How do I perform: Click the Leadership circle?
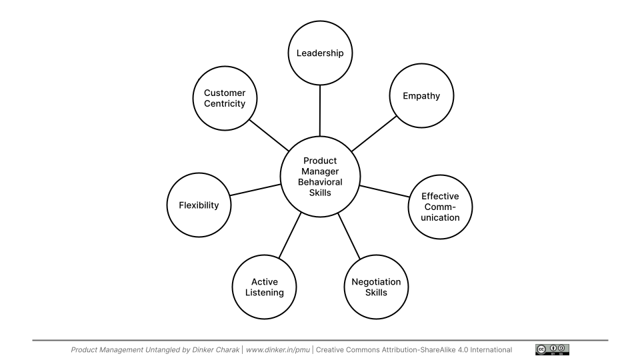[320, 53]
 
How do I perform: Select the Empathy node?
[421, 96]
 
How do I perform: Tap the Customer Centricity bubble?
[225, 98]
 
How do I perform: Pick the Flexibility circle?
[199, 205]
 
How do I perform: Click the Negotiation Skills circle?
[376, 287]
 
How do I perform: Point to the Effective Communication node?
[440, 207]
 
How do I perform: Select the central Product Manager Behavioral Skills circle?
[320, 177]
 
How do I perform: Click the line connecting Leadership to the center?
[320, 110]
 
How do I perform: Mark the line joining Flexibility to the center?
[255, 190]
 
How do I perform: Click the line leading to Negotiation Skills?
[349, 236]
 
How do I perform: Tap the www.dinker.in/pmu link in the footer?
[279, 349]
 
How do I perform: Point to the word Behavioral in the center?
[320, 182]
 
